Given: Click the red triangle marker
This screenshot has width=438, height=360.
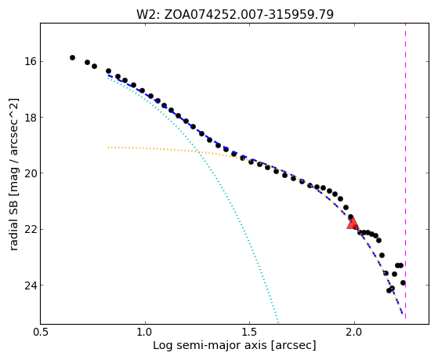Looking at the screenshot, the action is coord(353,224).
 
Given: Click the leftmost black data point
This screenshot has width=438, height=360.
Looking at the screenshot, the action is coord(72,57).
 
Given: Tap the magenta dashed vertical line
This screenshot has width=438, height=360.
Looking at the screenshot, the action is coord(405,171).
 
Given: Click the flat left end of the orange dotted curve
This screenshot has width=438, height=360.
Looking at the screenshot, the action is coord(109,147).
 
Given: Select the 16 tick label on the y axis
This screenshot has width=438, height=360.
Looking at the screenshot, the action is coord(28,61).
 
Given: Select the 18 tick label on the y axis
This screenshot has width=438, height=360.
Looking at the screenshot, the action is coord(28,117).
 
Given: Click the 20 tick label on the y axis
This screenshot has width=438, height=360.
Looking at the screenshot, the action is coord(28,173).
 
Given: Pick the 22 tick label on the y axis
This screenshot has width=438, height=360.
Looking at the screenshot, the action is coord(28,229).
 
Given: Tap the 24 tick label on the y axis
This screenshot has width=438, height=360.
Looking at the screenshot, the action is coord(28,285).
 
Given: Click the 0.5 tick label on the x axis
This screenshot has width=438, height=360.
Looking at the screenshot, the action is coord(41,333).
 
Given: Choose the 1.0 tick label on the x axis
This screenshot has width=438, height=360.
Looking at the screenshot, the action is coord(145,333).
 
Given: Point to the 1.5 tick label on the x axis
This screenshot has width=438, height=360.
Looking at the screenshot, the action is coord(250,333).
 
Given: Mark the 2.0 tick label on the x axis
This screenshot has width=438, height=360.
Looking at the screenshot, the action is coord(354,333).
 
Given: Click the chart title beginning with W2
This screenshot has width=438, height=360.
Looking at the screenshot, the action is coord(235,15).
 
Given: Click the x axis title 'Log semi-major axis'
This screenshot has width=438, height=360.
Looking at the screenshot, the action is coord(209,346).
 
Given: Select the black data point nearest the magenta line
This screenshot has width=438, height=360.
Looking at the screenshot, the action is coord(403,283).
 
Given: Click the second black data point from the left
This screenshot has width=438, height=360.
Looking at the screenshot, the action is coord(88,63).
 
